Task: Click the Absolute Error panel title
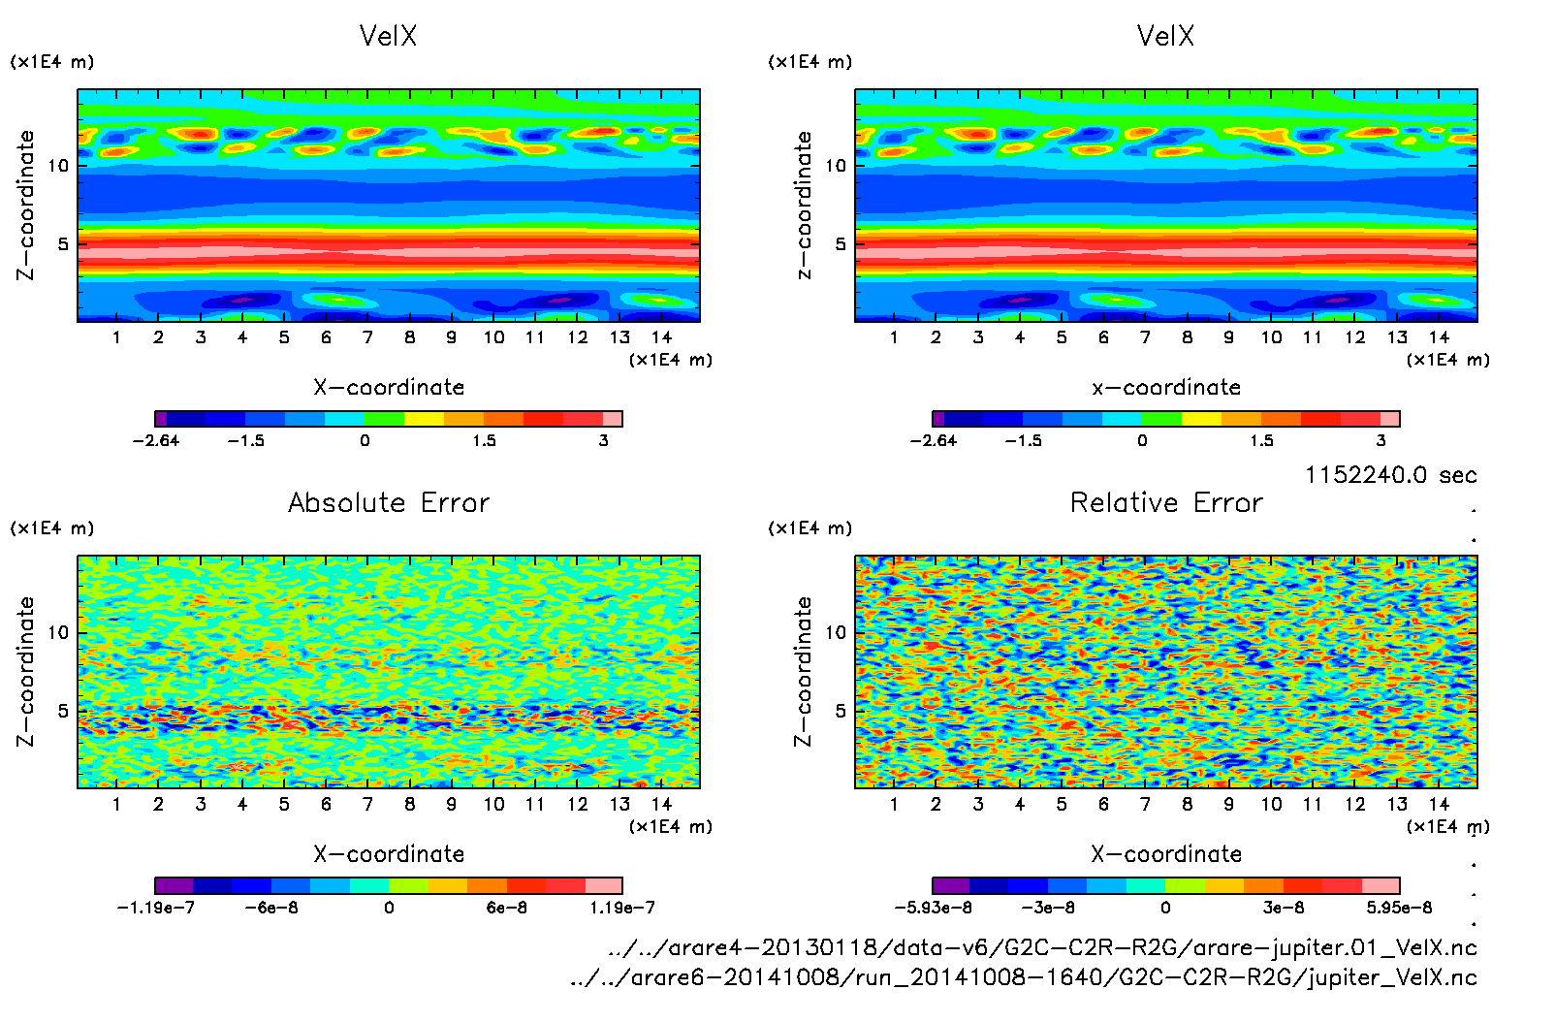[x=389, y=502]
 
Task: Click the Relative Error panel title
[x=1166, y=502]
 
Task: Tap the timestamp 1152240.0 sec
[x=1390, y=475]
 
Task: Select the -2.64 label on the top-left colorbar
[x=156, y=440]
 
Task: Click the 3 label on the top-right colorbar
[x=1380, y=440]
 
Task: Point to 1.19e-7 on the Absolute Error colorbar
[x=622, y=908]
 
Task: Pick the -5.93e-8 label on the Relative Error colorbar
[x=933, y=908]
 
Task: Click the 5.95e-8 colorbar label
[x=1399, y=908]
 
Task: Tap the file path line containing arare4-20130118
[x=1042, y=947]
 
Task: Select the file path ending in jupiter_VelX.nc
[x=1024, y=977]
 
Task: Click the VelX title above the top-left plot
[x=388, y=36]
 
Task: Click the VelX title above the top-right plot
[x=1165, y=36]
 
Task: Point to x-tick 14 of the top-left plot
[x=661, y=337]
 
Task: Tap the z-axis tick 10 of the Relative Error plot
[x=836, y=632]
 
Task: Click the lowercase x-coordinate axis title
[x=1166, y=387]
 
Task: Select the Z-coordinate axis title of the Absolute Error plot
[x=26, y=671]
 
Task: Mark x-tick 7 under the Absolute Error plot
[x=367, y=804]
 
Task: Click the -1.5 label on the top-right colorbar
[x=1023, y=440]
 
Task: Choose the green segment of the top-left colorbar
[x=384, y=419]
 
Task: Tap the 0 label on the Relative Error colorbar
[x=1165, y=908]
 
